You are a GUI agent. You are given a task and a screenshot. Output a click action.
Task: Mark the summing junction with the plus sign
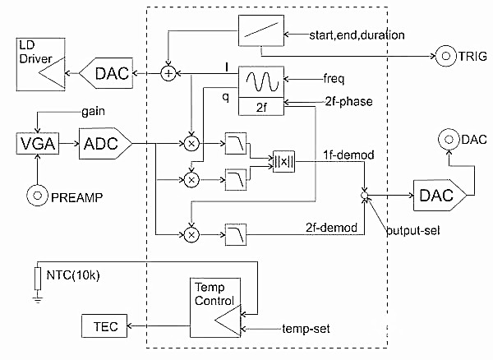point(168,74)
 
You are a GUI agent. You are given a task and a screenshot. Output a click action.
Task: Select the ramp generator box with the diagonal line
point(260,33)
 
